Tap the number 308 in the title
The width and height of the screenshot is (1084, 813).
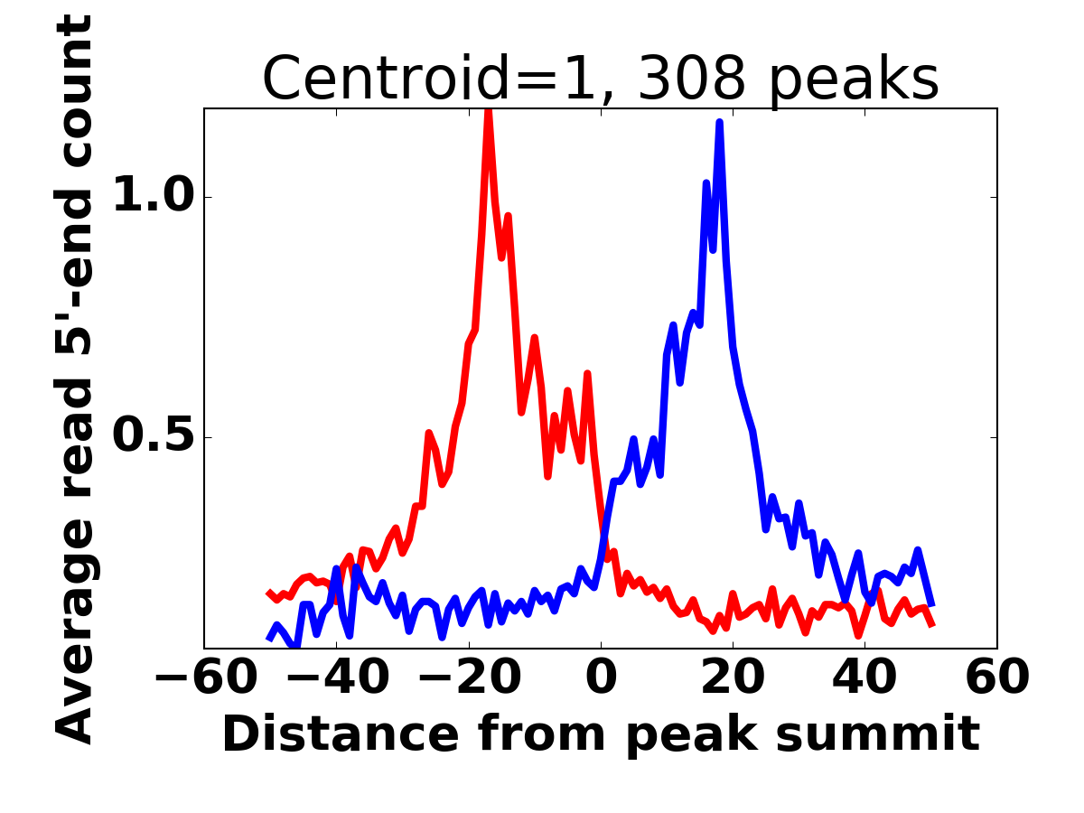[x=692, y=79]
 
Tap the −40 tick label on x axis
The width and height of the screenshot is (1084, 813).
[x=336, y=677]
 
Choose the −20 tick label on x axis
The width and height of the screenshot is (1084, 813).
[x=468, y=677]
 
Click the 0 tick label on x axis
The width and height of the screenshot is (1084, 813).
[x=601, y=677]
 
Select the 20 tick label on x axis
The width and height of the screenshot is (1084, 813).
[x=733, y=677]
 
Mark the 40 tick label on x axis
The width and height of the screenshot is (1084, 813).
[x=864, y=677]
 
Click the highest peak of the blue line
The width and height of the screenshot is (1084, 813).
[x=720, y=122]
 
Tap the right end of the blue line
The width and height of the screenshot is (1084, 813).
[x=931, y=603]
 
